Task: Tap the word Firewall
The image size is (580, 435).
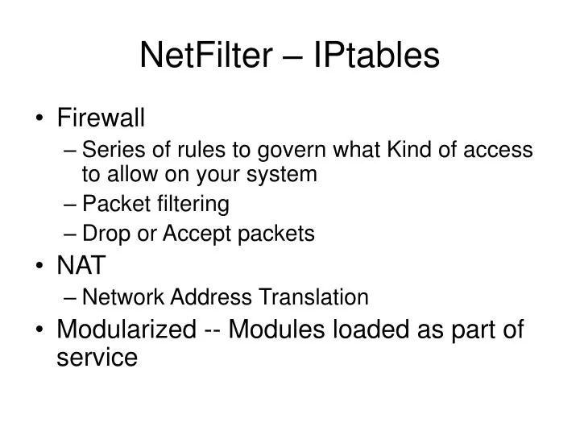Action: tap(101, 119)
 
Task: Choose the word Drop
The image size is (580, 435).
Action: tap(103, 234)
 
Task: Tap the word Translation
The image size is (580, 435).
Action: tap(314, 297)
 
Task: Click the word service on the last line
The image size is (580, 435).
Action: tap(97, 357)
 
